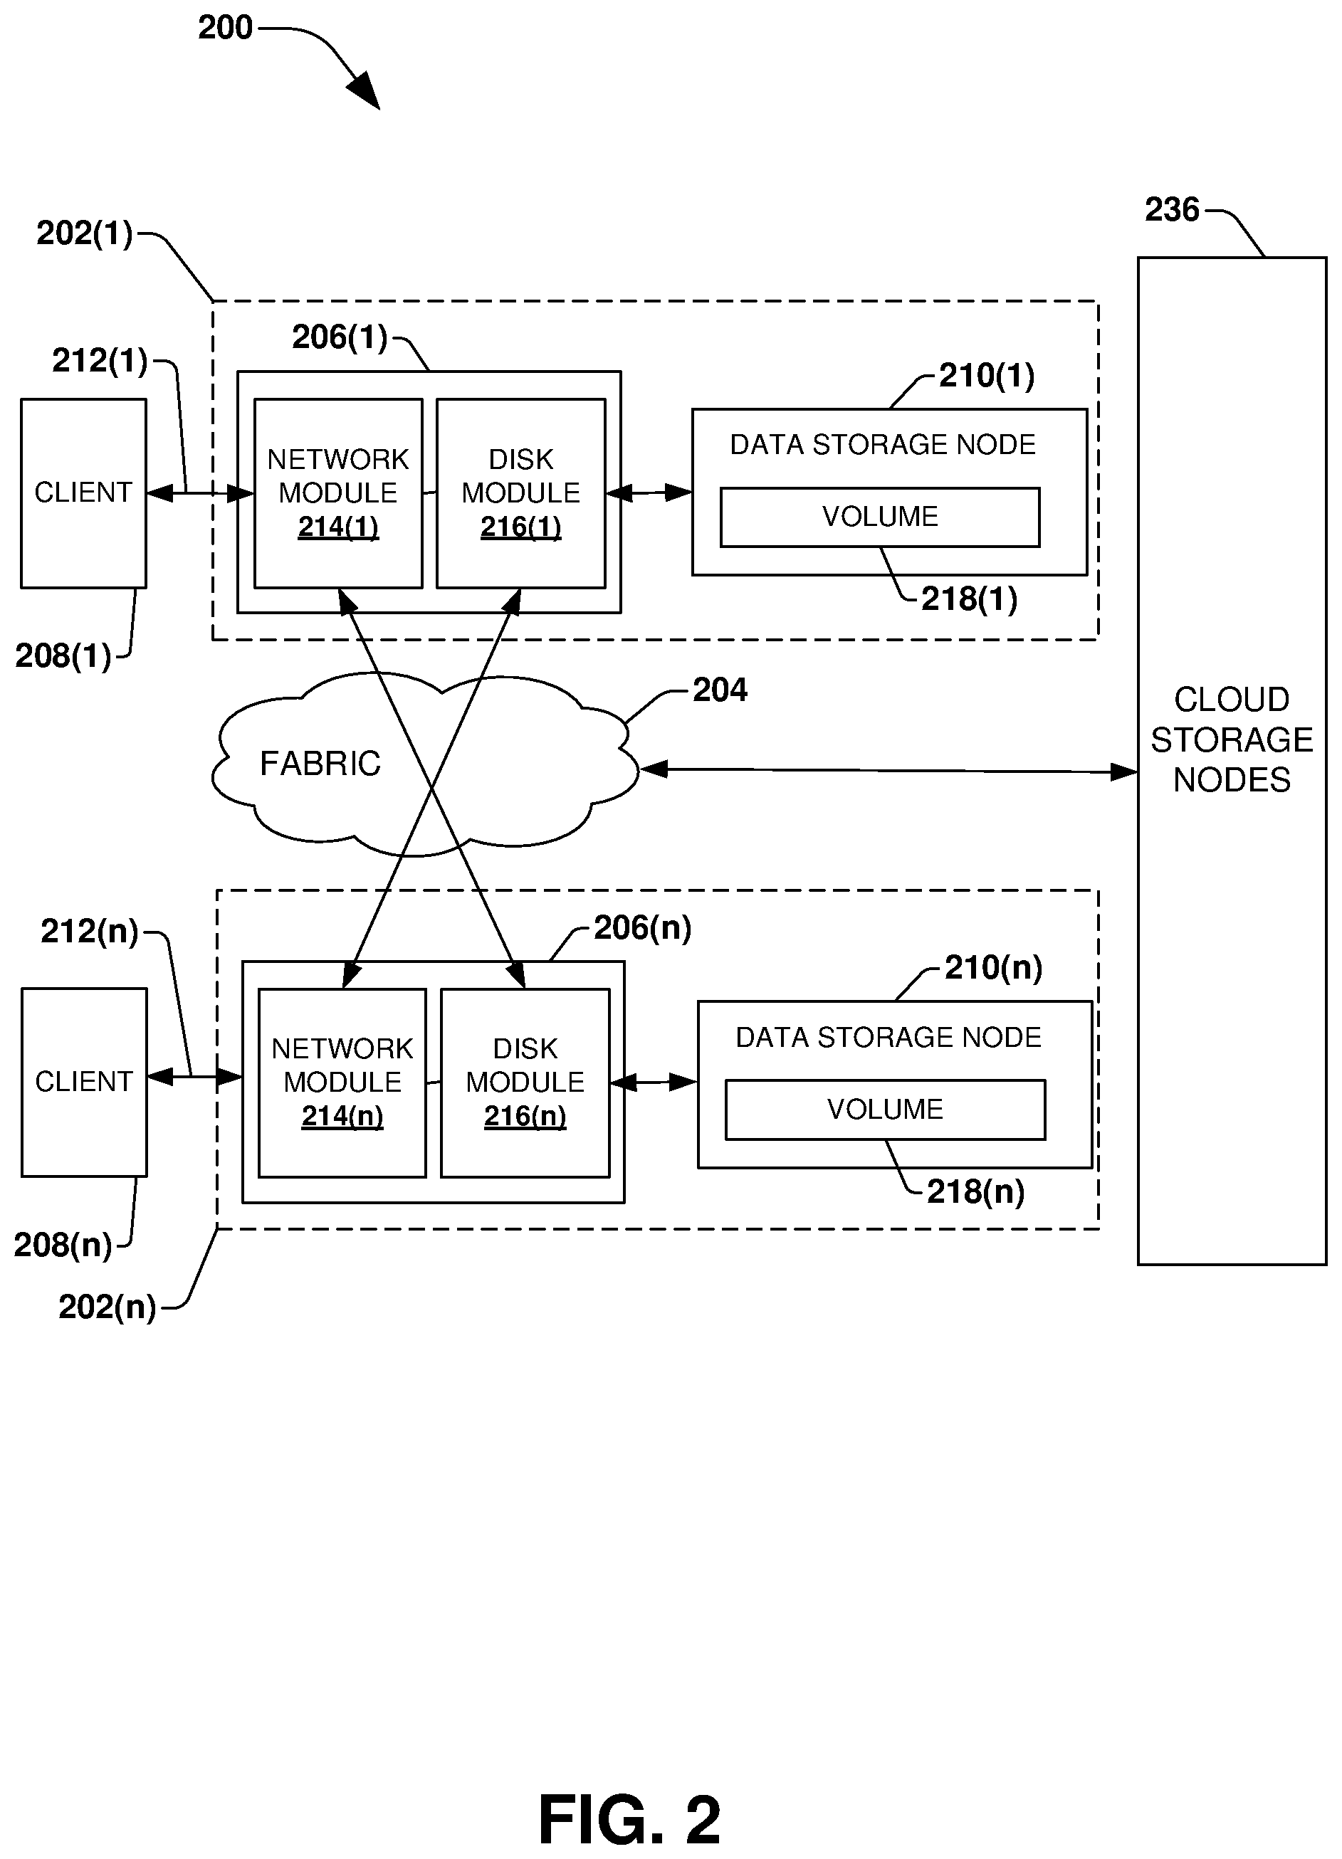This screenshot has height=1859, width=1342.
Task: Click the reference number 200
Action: pos(226,28)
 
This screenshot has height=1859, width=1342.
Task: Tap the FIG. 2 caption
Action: pos(629,1819)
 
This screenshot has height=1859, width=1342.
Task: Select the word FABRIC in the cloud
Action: pos(320,764)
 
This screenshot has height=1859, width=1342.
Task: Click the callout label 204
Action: pos(720,690)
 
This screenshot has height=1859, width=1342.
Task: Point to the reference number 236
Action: pos(1171,210)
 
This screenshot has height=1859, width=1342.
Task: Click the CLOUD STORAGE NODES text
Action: pos(1232,739)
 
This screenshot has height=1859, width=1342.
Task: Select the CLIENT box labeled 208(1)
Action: pos(83,493)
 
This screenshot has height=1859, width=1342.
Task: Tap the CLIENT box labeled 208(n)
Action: pos(83,1082)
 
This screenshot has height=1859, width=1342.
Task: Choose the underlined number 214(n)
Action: pos(342,1117)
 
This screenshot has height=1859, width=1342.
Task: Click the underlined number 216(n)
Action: pos(525,1117)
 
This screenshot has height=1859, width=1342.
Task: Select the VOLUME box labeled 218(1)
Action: pos(880,517)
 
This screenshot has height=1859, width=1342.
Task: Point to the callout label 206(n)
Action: pos(642,928)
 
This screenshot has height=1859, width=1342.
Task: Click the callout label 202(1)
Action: pos(85,233)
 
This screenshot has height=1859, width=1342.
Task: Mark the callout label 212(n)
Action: pos(90,931)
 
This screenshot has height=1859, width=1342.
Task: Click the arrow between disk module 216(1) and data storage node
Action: pos(649,493)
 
